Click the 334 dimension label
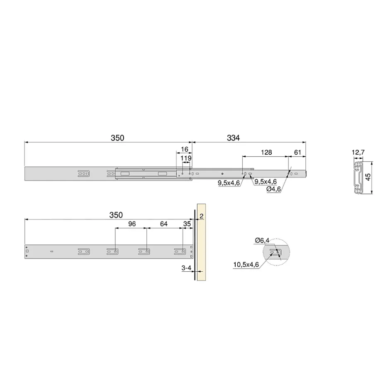(233, 138)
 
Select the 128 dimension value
(266, 152)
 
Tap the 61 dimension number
(297, 152)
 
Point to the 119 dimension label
(186, 158)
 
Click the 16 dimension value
(185, 149)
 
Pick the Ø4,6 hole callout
(273, 189)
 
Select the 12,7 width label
(358, 152)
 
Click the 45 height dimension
(368, 177)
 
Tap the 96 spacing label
(132, 224)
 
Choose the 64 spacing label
(163, 224)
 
